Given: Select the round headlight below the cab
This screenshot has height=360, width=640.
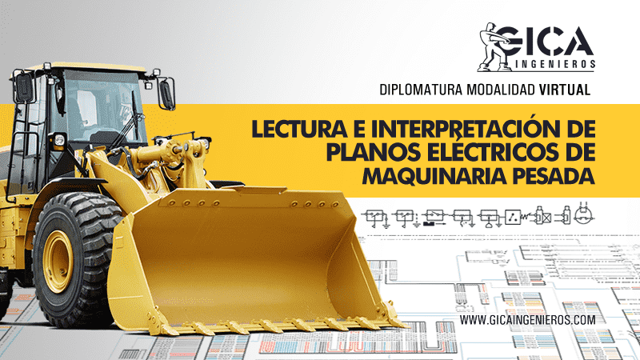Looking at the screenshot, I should [x=58, y=140].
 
